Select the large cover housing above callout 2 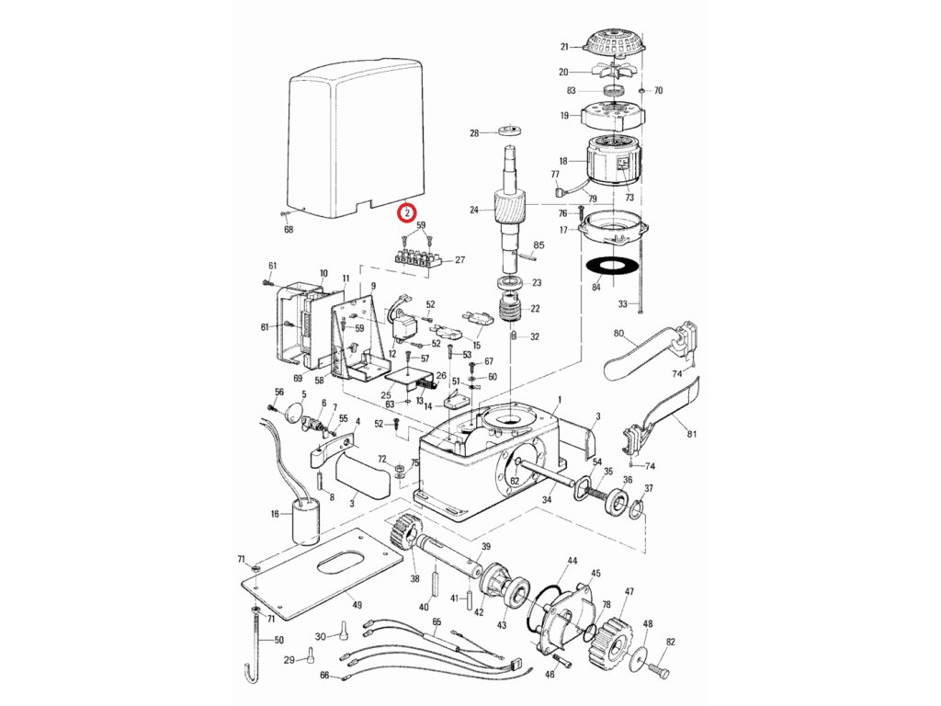coord(354,138)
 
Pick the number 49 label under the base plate coord(357,606)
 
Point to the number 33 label coord(621,304)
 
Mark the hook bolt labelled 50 coord(252,653)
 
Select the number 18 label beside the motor coord(562,161)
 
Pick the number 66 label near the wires coord(324,675)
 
